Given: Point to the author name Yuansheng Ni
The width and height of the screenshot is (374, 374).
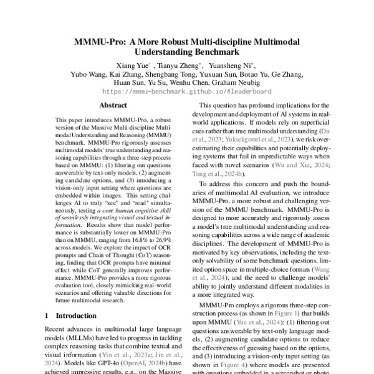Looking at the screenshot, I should (231, 65).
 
